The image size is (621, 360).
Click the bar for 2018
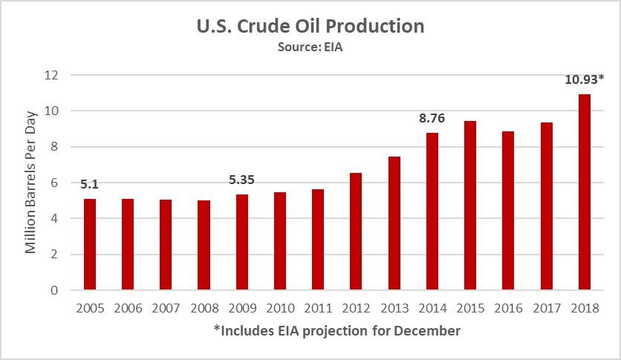click(585, 192)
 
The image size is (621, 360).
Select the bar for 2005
click(90, 244)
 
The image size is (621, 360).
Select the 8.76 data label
click(432, 117)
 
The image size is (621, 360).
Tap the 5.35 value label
click(242, 179)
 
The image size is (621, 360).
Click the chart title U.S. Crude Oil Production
click(310, 27)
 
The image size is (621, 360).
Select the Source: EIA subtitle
click(310, 48)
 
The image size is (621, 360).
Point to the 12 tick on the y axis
click(51, 75)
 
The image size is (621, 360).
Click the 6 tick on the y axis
click(54, 183)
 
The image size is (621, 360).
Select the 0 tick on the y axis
click(54, 290)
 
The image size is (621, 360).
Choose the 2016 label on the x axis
click(508, 307)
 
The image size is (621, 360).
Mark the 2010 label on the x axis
click(280, 307)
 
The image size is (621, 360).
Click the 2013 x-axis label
click(394, 307)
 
